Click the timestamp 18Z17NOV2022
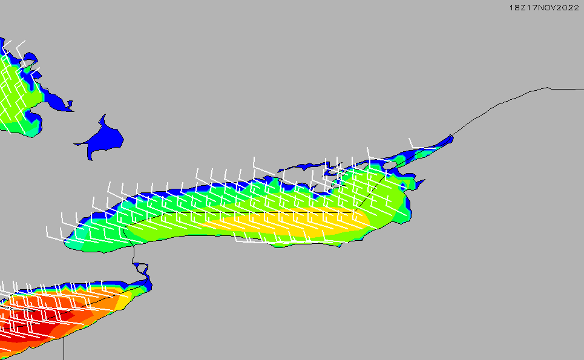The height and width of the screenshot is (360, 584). point(544,7)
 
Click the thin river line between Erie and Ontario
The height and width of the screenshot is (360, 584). point(133,249)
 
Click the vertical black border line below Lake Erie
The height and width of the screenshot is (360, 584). point(64,348)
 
